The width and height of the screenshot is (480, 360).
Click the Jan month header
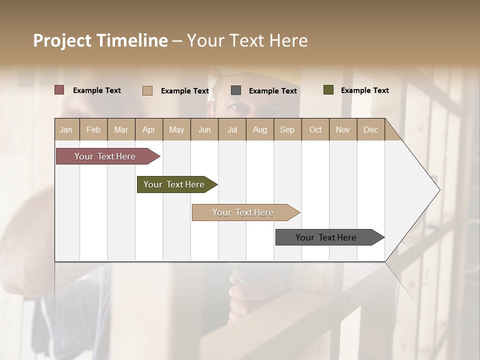66,129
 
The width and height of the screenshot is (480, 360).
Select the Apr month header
148,129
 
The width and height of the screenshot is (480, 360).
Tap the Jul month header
232,129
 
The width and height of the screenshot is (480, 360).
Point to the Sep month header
287,129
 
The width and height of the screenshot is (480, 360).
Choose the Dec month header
370,129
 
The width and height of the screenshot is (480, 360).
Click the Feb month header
93,129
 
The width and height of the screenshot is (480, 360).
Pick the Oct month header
315,129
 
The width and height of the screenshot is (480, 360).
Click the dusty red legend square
59,90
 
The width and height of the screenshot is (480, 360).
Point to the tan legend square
147,90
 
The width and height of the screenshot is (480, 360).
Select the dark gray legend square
236,90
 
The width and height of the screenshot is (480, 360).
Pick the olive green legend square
328,90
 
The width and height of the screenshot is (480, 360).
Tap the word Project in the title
62,40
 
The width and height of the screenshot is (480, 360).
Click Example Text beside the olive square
364,90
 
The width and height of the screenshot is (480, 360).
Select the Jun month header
204,129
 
